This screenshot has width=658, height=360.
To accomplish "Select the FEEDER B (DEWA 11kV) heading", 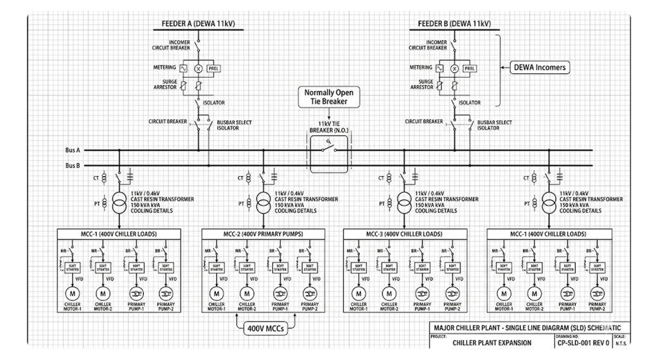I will point(454,24).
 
